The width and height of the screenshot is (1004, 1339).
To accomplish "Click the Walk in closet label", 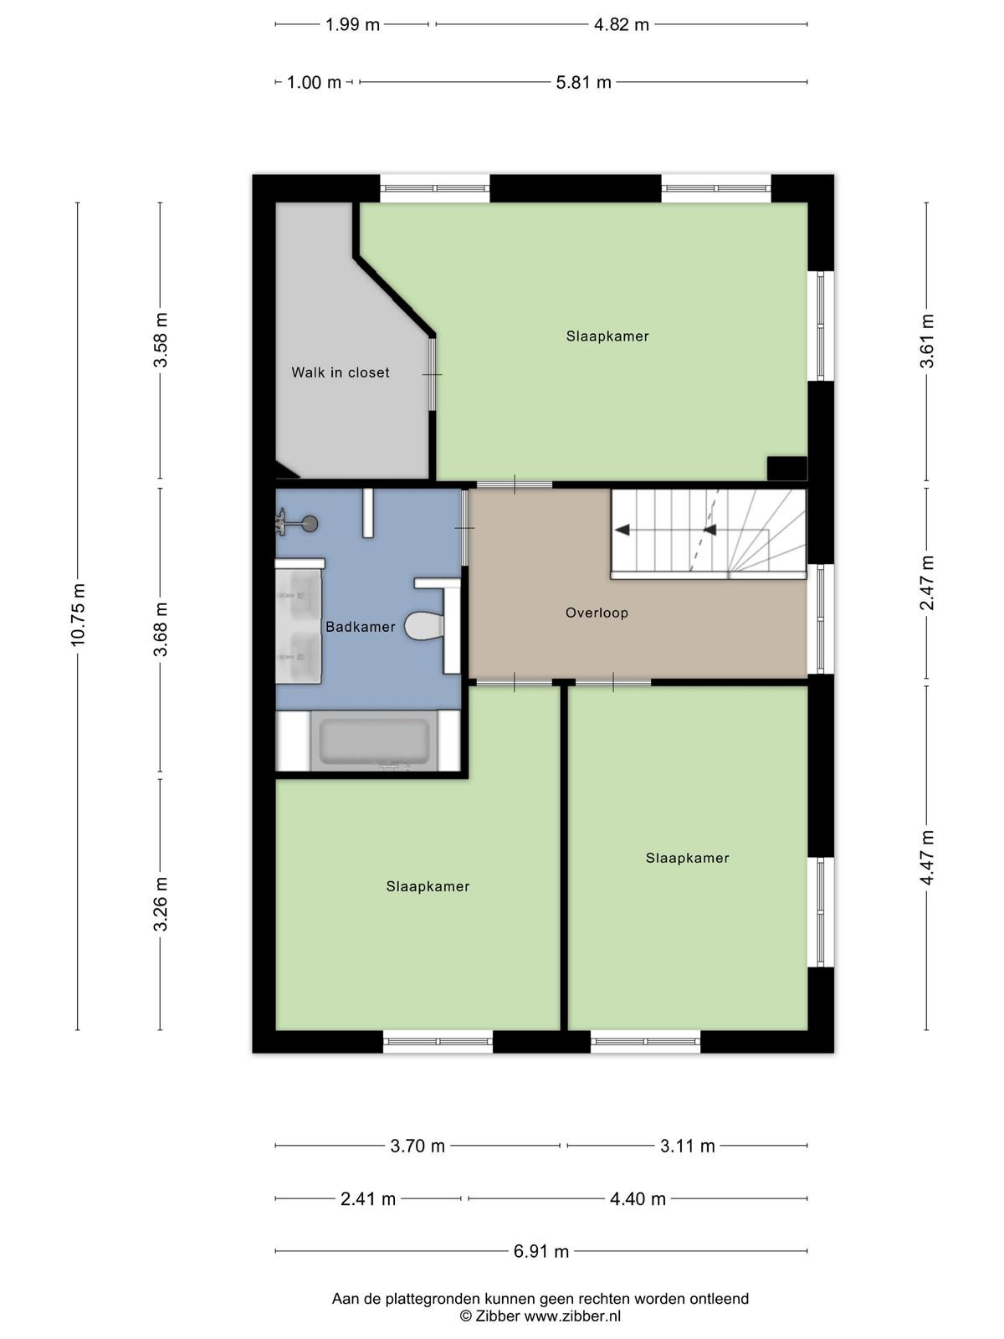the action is click(341, 372).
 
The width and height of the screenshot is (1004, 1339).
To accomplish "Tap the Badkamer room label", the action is click(361, 627).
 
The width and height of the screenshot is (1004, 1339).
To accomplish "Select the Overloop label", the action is click(597, 613).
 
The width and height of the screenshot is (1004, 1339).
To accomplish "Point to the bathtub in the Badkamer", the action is click(374, 741).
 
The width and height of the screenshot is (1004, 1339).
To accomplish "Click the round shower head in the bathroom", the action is click(311, 523).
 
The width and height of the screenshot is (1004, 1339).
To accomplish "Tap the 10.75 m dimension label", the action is click(78, 615).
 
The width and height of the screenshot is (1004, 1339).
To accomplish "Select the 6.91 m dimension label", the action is click(541, 1251).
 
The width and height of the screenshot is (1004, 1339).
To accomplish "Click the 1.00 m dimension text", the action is click(314, 82).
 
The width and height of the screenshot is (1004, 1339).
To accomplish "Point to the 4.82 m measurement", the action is click(621, 25).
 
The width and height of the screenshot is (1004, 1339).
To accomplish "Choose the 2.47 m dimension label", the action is click(927, 582).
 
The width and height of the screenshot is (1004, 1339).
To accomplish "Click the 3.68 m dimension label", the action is click(161, 629).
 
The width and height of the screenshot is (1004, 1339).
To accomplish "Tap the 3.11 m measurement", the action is click(688, 1146).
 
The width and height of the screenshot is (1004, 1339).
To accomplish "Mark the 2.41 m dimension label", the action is click(368, 1198).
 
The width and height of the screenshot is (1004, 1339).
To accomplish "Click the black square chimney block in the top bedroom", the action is click(787, 468).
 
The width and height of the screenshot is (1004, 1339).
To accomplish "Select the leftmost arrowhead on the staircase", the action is click(622, 530).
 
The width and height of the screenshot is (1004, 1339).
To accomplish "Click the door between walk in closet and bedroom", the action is click(433, 374).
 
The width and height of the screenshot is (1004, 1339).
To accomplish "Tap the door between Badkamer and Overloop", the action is click(465, 527).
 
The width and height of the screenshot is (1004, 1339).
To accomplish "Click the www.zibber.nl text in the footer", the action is click(572, 1316).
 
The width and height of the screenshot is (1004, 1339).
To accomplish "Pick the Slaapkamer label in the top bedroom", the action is click(607, 336).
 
